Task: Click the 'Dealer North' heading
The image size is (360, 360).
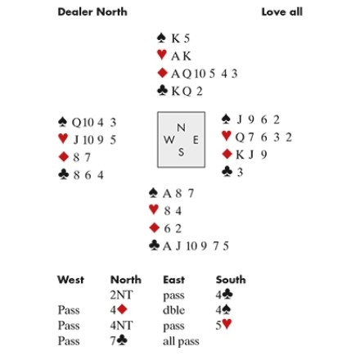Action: (x=92, y=12)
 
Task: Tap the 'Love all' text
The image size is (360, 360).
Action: (x=282, y=12)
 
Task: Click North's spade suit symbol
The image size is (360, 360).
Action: (x=162, y=38)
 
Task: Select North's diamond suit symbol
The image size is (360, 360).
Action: (x=162, y=73)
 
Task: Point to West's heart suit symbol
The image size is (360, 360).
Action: (x=63, y=139)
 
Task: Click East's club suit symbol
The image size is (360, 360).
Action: (x=227, y=172)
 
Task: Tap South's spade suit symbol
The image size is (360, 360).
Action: (x=154, y=193)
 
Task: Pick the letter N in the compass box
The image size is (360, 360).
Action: (x=181, y=128)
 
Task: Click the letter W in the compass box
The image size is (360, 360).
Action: (x=169, y=140)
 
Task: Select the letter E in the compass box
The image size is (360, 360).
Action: (x=196, y=140)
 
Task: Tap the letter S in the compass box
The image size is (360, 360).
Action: (x=181, y=152)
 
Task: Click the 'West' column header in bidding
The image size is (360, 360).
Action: (x=70, y=280)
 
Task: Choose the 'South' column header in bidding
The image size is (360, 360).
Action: (x=231, y=280)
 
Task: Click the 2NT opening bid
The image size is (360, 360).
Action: (x=122, y=295)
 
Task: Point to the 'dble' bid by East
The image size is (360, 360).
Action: (x=173, y=310)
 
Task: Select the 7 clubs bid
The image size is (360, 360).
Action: (x=119, y=340)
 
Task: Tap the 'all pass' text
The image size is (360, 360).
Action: (x=181, y=341)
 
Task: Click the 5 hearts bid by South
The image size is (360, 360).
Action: (x=223, y=325)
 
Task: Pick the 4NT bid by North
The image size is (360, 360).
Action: (x=122, y=326)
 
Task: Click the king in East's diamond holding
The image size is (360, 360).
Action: (x=240, y=155)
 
